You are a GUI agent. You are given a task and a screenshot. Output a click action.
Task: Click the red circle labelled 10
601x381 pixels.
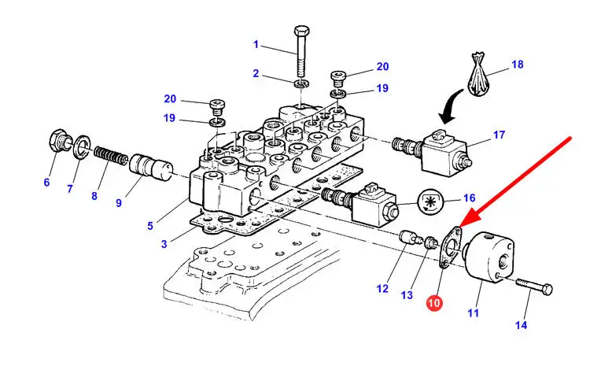[434, 303]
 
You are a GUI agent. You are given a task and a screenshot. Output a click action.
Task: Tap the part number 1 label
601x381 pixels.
[256, 45]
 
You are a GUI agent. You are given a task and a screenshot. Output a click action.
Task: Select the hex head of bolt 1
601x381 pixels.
[302, 31]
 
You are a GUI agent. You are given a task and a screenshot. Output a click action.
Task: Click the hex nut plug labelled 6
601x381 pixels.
[59, 140]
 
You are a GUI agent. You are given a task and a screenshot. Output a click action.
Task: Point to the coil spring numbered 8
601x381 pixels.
[111, 155]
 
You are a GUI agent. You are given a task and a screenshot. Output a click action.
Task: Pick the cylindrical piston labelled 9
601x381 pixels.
[150, 168]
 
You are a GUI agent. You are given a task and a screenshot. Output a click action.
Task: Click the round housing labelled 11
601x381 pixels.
[489, 257]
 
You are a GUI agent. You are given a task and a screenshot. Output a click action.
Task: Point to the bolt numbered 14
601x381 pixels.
[534, 287]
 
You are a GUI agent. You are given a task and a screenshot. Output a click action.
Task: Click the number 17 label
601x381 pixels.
[499, 135]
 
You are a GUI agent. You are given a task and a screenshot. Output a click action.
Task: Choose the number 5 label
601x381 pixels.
[150, 226]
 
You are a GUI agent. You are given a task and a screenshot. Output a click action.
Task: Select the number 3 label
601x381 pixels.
[164, 244]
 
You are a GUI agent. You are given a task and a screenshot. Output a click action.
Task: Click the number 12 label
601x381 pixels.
[382, 289]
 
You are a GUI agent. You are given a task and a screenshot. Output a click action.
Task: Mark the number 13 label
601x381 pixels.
[407, 295]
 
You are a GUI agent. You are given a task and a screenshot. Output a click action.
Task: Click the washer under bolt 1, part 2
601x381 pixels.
[301, 84]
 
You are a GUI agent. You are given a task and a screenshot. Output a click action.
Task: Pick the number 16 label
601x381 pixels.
[469, 198]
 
